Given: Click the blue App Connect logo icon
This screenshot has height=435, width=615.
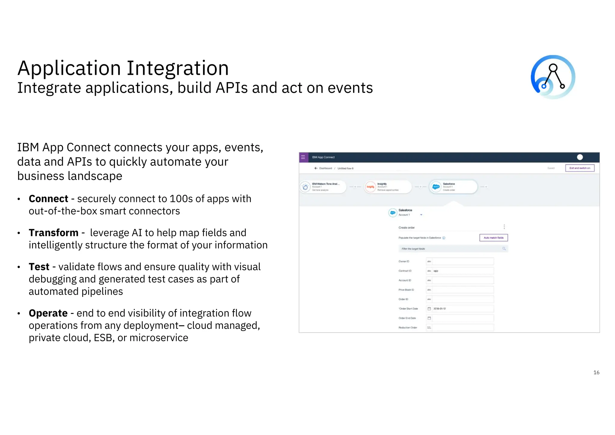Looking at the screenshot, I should click(553, 77).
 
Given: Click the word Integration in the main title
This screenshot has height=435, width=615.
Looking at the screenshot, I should click(177, 68).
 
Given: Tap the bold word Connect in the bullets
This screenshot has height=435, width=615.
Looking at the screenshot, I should click(48, 199).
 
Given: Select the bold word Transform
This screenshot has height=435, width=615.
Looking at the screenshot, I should click(53, 233).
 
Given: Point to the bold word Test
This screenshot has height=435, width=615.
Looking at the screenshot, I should click(39, 267).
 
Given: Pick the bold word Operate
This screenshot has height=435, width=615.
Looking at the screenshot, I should click(48, 313).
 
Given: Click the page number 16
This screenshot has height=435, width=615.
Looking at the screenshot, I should click(596, 373).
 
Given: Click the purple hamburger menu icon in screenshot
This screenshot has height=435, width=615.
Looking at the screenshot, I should click(303, 157).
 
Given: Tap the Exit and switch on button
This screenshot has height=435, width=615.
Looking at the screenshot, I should click(580, 168).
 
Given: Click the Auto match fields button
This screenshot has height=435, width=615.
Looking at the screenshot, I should click(493, 238).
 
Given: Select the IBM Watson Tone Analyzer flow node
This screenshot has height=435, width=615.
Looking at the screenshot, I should click(323, 187).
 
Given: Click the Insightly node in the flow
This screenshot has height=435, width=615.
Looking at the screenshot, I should click(387, 187).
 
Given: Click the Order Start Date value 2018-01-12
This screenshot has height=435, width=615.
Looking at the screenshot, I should click(440, 309).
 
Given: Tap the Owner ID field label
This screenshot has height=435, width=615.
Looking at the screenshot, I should click(404, 261).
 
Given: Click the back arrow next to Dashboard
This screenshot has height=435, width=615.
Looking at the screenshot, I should click(316, 168).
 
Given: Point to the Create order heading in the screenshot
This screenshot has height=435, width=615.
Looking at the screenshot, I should click(407, 227).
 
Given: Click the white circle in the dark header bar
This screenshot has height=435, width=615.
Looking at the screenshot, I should click(580, 157).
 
